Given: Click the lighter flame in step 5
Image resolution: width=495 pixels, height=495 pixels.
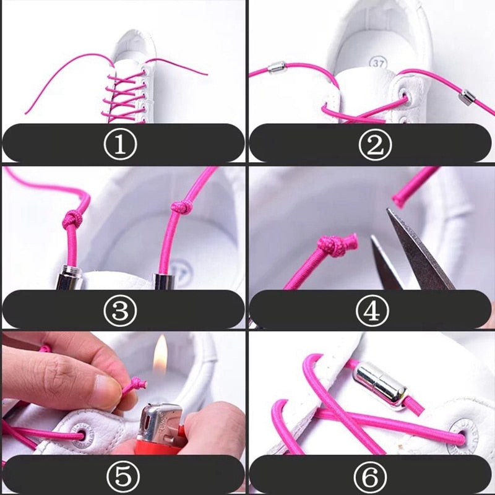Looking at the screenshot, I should [x=161, y=355].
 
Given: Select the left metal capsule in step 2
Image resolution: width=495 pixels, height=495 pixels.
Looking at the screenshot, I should [x=276, y=67].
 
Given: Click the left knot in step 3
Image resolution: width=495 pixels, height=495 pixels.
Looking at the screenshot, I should [x=73, y=218].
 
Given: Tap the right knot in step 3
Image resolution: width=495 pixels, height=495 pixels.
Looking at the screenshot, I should [x=180, y=208].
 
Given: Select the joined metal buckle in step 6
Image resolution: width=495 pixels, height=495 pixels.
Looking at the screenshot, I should [x=379, y=384].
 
